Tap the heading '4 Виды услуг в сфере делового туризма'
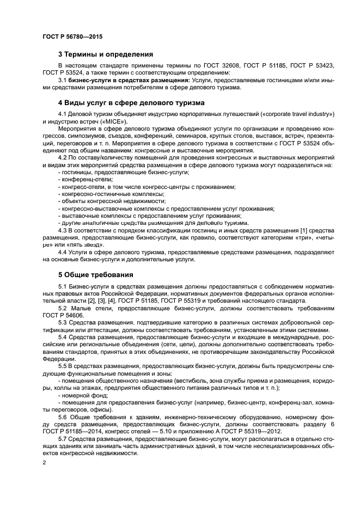click(x=131, y=102)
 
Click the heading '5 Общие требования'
click(x=95, y=275)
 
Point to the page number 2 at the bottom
click(x=44, y=463)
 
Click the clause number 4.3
click(x=63, y=230)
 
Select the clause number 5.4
click(x=63, y=338)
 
